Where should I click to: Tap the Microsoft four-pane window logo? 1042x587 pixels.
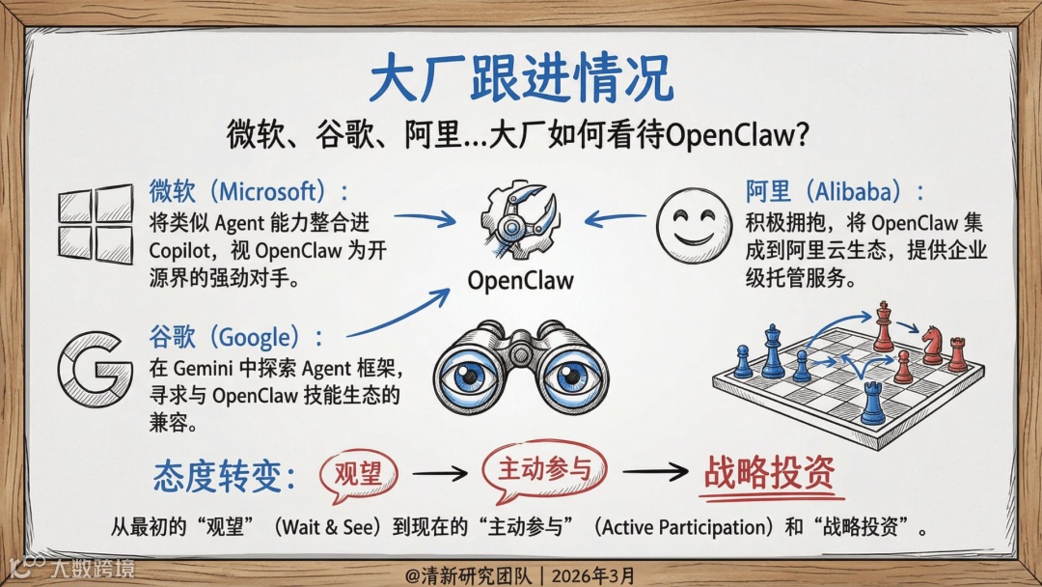point(96,224)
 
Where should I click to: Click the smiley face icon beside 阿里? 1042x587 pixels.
point(694,223)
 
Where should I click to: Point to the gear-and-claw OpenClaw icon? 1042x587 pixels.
point(519,221)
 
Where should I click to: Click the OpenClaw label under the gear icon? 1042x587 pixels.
point(520,280)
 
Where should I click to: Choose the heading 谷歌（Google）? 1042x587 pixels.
point(235,338)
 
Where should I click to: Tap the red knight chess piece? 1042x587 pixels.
point(932,345)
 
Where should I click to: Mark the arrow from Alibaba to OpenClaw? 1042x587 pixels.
point(616,218)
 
